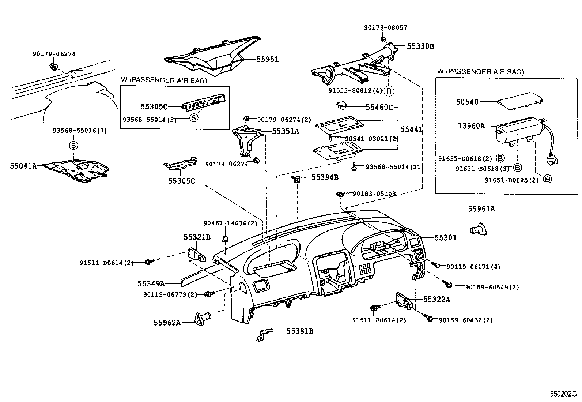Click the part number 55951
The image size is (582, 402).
267,59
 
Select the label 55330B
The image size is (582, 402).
420,46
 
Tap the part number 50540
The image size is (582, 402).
467,102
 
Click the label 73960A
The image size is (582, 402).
471,126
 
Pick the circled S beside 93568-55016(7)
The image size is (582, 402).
73,145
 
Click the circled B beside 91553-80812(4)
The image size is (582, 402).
389,91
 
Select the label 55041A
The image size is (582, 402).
23,166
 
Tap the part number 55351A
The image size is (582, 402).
285,131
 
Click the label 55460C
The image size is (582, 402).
379,107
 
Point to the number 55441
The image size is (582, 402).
411,129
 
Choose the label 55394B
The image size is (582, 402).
325,177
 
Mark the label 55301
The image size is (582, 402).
445,238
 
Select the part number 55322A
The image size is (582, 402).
436,300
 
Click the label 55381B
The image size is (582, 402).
299,331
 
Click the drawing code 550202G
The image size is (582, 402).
563,394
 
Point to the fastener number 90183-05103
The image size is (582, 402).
374,194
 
